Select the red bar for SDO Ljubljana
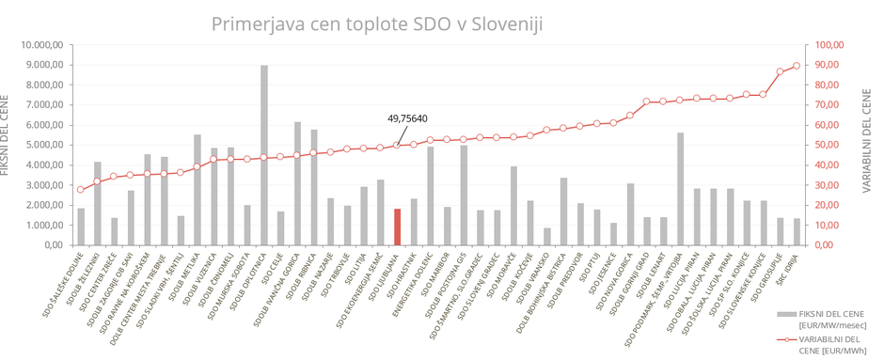click(398, 227)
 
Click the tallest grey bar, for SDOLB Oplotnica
click(264, 155)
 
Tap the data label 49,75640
click(407, 118)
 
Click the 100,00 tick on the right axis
click(832, 44)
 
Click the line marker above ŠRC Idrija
click(797, 66)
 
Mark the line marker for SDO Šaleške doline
click(81, 190)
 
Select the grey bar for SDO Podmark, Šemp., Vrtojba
click(680, 189)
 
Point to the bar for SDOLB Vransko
click(547, 236)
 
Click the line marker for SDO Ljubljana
click(398, 145)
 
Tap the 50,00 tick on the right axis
click(830, 145)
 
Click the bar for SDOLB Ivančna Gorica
click(298, 183)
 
